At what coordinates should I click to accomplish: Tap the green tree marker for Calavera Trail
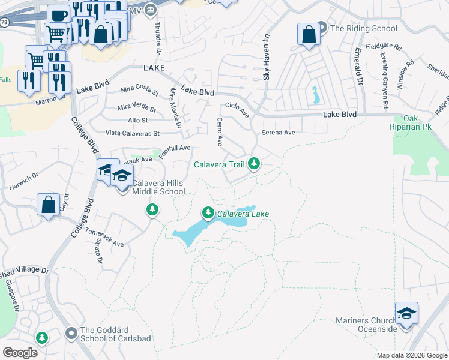255,163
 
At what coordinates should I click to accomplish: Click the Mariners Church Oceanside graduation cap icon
406,314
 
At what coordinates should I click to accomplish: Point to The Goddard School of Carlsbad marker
71,332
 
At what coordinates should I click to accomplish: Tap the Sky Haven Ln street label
266,58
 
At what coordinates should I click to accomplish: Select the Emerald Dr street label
359,67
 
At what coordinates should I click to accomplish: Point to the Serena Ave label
279,132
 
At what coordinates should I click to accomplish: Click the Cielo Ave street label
237,108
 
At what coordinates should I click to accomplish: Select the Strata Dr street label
98,251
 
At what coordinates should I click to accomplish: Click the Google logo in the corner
20,353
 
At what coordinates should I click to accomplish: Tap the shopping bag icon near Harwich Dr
48,205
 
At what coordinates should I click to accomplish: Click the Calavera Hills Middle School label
158,187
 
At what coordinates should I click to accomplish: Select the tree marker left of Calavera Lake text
208,212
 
